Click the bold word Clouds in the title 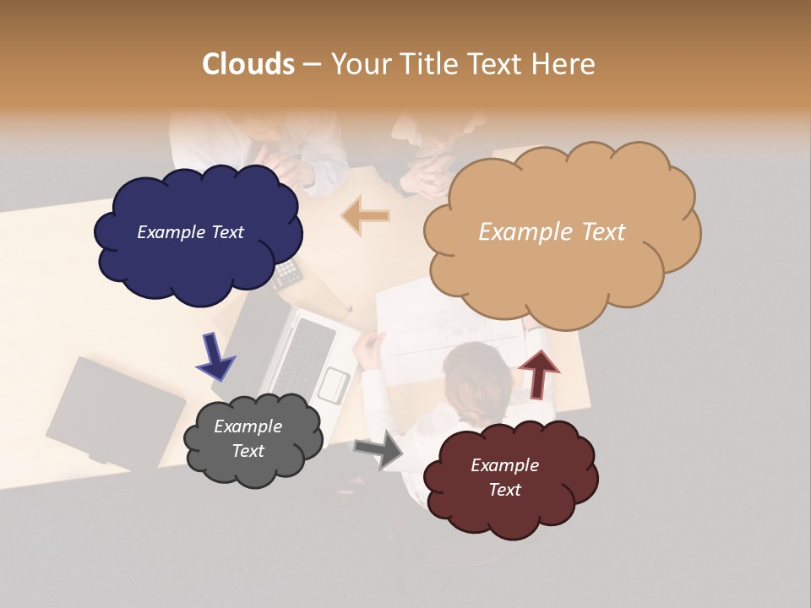point(248,64)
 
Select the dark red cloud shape point(512,507)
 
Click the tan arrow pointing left point(367,216)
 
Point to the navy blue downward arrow point(215,356)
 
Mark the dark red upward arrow point(538,373)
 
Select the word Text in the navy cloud point(226,232)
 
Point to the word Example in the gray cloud point(248,426)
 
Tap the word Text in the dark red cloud point(504,490)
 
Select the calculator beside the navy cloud point(288,273)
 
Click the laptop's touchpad point(334,386)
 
